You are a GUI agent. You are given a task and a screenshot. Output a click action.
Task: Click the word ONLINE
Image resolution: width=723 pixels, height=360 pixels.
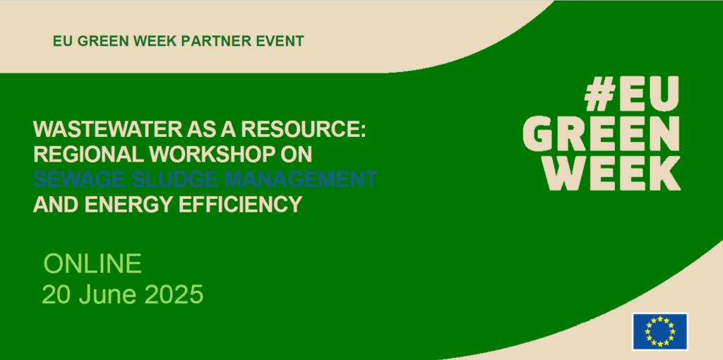pos(92,264)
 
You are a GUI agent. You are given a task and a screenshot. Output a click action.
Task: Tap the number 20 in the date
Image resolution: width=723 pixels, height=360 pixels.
pos(57,294)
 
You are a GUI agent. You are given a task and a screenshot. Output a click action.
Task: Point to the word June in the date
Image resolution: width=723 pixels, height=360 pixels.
pos(109,294)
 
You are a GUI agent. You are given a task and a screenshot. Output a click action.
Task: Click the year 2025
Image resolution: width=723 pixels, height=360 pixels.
pos(174,294)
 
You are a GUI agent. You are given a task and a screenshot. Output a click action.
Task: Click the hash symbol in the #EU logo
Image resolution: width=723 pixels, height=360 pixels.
pos(599,94)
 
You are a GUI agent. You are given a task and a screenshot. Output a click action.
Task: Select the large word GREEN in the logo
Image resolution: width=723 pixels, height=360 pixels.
pos(602,133)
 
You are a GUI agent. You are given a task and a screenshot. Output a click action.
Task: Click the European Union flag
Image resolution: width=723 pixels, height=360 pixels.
pos(660,332)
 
